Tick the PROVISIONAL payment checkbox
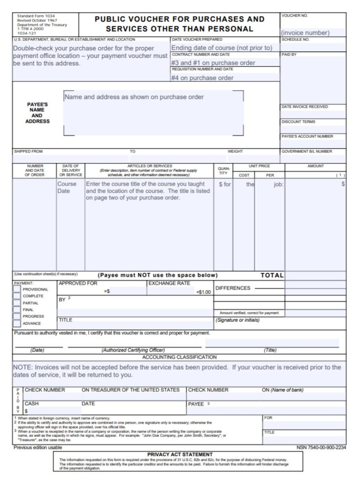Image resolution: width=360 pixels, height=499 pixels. point(17,289)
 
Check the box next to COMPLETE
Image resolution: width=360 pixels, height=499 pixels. point(17,296)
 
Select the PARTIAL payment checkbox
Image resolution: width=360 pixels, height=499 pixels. point(17,303)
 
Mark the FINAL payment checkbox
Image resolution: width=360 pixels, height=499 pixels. point(17,309)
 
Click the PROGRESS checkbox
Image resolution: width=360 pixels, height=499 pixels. point(17,316)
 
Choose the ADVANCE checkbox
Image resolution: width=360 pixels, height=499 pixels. point(17,323)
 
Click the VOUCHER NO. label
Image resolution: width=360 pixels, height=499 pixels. point(295,16)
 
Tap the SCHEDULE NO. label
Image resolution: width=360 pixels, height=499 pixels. point(296,39)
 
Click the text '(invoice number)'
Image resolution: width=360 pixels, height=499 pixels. point(305,33)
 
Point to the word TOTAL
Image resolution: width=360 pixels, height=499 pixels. point(272,275)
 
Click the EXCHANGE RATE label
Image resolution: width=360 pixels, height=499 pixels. point(169,283)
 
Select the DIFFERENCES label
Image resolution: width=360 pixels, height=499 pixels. point(233,288)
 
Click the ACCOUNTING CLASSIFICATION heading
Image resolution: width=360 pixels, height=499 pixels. point(179,357)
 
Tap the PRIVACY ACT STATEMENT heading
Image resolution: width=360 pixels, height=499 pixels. point(180,454)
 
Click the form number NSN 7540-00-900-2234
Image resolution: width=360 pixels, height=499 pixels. point(321,447)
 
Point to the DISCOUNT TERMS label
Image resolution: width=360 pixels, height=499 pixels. point(298,122)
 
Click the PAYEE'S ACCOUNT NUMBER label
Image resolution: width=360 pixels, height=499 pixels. point(307,136)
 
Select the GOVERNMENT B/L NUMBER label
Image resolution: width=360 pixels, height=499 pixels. point(307,152)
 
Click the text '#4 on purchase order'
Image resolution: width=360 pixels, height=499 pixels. point(202,78)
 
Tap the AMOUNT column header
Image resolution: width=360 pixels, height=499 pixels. point(315,166)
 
